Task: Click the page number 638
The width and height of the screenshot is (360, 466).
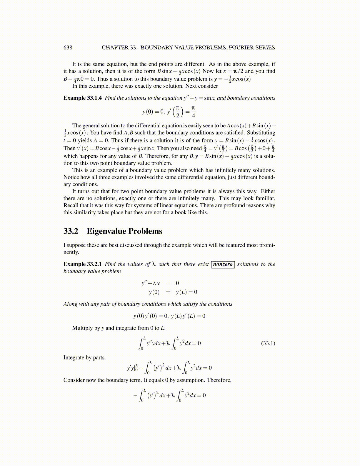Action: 68,48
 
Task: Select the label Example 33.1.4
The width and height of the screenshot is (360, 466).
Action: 83,98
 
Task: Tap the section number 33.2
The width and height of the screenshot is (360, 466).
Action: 71,231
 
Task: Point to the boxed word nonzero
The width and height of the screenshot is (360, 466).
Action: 223,264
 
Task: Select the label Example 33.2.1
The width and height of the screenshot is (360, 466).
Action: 83,264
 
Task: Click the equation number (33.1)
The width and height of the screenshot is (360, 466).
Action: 268,343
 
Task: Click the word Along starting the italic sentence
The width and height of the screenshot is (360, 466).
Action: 70,304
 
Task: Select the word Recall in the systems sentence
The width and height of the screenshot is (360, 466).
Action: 71,205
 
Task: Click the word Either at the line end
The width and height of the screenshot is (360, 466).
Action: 268,191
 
